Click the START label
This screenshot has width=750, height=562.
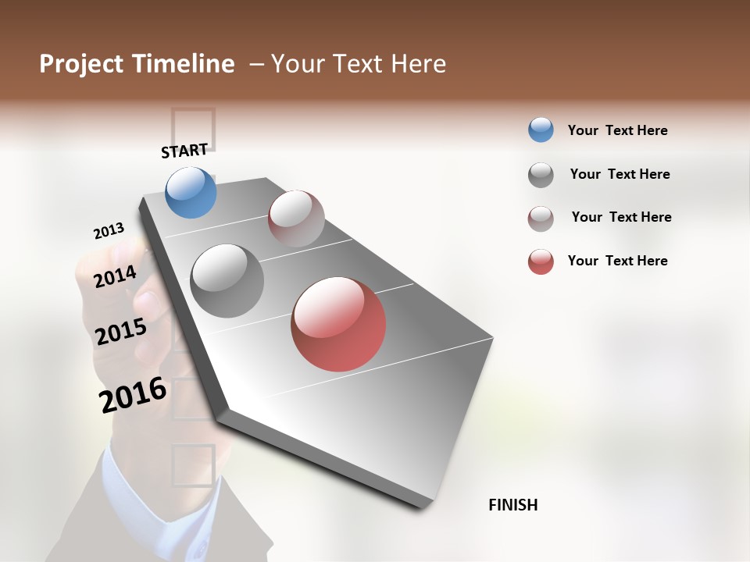pos(184,151)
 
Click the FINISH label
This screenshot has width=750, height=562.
pos(512,505)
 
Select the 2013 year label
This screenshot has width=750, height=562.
pos(109,231)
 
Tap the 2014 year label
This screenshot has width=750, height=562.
pos(115,277)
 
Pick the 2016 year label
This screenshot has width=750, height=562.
pos(133,395)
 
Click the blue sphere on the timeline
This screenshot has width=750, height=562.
pos(191,192)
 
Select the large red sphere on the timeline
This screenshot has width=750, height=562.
pos(338,324)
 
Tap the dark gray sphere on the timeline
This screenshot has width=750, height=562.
pos(227,281)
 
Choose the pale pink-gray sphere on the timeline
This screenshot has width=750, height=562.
pos(296,219)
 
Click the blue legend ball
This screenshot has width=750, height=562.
pos(541,130)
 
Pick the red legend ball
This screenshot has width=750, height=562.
pos(541,261)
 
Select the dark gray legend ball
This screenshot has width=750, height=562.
pos(541,175)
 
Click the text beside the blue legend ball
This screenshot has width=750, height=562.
pos(617,130)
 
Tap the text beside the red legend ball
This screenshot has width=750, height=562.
pos(617,261)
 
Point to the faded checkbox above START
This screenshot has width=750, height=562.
pos(192,127)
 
